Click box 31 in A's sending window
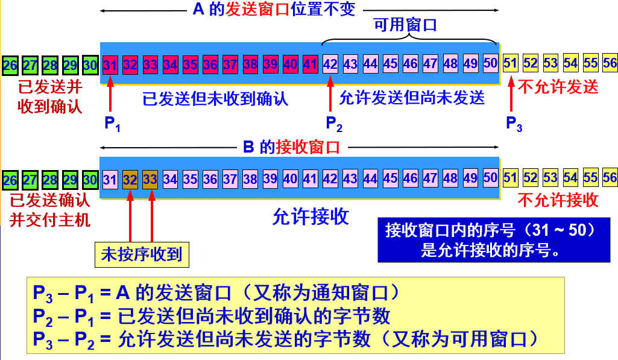pyautogui.click(x=110, y=63)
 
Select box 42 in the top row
pyautogui.click(x=330, y=63)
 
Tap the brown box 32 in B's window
pyautogui.click(x=130, y=178)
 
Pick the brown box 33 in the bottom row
pyautogui.click(x=150, y=178)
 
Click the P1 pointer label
pyautogui.click(x=112, y=124)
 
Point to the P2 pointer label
pyautogui.click(x=334, y=124)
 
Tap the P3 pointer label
pyautogui.click(x=514, y=124)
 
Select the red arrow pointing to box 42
pyautogui.click(x=330, y=96)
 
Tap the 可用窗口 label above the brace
pyautogui.click(x=405, y=25)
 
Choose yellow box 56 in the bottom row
pyautogui.click(x=610, y=178)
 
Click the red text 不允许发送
pyautogui.click(x=558, y=87)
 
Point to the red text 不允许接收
pyautogui.click(x=558, y=200)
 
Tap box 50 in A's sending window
pyautogui.click(x=491, y=63)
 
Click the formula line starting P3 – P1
pyautogui.click(x=216, y=294)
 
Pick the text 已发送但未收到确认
pyautogui.click(x=215, y=98)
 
